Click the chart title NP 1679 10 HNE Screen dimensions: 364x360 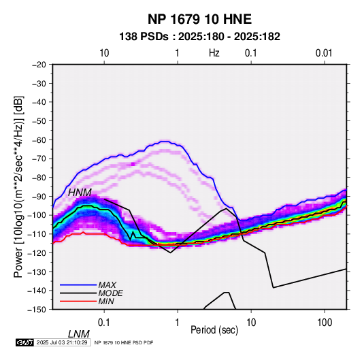199,19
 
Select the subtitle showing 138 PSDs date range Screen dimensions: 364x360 199,37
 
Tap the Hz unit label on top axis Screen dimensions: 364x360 214,53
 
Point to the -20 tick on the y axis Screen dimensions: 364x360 39,65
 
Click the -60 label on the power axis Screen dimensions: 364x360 39,140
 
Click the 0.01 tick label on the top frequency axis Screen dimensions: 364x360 324,53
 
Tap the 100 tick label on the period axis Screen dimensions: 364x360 325,323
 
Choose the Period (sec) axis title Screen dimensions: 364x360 214,330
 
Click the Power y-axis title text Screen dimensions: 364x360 18,186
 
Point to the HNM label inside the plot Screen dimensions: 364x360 80,193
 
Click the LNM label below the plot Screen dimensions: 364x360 79,334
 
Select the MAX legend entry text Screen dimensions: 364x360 107,284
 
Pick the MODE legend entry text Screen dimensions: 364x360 110,293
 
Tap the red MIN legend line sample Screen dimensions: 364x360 78,301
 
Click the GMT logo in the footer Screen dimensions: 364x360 25,342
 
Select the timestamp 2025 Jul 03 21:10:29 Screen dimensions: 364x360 62,342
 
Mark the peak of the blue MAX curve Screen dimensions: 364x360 165,142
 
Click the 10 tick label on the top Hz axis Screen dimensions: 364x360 104,53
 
